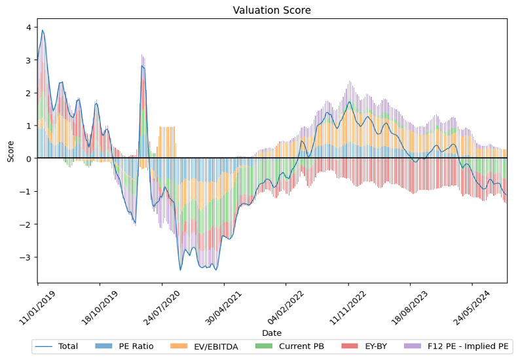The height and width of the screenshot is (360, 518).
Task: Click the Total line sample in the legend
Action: tap(44, 346)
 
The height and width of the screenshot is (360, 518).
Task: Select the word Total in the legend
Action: tap(68, 346)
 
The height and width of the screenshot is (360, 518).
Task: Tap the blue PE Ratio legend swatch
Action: tap(103, 346)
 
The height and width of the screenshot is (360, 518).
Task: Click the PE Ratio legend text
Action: tap(136, 346)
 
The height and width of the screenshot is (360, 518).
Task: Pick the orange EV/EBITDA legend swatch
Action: tap(179, 346)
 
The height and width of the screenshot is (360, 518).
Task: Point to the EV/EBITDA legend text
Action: tap(216, 346)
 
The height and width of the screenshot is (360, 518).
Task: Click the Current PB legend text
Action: tap(301, 346)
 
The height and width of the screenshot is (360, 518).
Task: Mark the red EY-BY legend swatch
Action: tap(349, 346)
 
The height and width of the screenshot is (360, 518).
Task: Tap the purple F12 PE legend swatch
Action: tap(413, 346)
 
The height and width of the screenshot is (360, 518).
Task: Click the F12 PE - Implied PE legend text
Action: tap(468, 346)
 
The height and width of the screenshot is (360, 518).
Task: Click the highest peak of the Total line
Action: tap(43, 30)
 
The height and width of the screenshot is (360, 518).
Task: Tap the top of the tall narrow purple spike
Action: tap(142, 56)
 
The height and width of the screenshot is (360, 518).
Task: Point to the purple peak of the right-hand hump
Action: tap(350, 82)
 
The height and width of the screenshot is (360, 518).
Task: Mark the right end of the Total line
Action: tap(506, 203)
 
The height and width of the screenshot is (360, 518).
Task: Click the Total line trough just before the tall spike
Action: tap(135, 224)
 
